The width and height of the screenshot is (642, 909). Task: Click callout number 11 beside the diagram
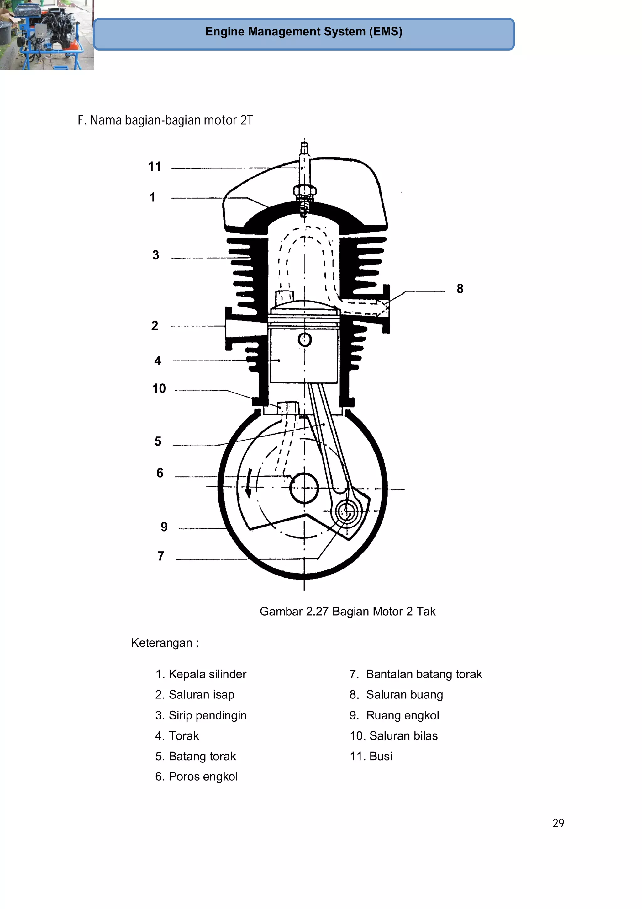pos(154,166)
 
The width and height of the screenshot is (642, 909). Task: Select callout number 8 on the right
pos(460,289)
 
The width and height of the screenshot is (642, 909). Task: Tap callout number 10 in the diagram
pos(159,388)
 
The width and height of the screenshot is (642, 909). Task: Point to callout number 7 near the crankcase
pos(160,556)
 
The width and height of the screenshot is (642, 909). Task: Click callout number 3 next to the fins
pos(155,255)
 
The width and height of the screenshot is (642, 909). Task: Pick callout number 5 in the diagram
pos(158,441)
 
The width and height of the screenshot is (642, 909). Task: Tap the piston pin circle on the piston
pos(305,339)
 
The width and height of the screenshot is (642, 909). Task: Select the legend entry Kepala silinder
pos(201,674)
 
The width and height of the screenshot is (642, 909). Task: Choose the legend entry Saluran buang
pos(396,695)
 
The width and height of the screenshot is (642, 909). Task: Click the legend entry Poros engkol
pos(197,777)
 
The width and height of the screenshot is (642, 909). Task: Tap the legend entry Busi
pos(371,756)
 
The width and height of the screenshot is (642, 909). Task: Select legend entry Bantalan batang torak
pos(416,674)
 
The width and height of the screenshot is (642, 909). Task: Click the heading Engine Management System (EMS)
pos(303,32)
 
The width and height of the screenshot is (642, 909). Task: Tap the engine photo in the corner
pos(47,35)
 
